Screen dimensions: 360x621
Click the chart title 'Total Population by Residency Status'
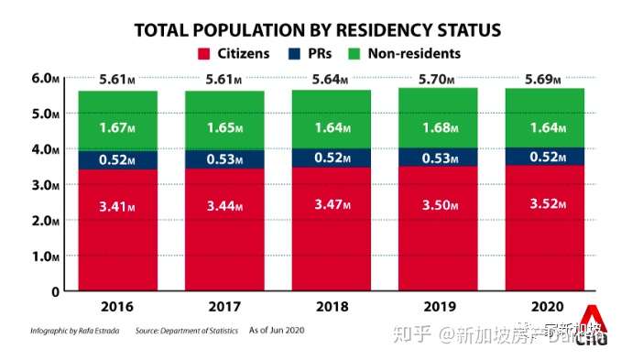(318, 29)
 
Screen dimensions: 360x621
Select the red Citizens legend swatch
(203, 54)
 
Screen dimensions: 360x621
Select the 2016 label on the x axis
(118, 306)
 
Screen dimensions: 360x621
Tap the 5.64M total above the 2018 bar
(329, 80)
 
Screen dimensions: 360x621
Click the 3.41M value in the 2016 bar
(118, 207)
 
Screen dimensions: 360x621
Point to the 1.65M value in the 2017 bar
(223, 128)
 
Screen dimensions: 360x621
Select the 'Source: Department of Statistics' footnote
(187, 330)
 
